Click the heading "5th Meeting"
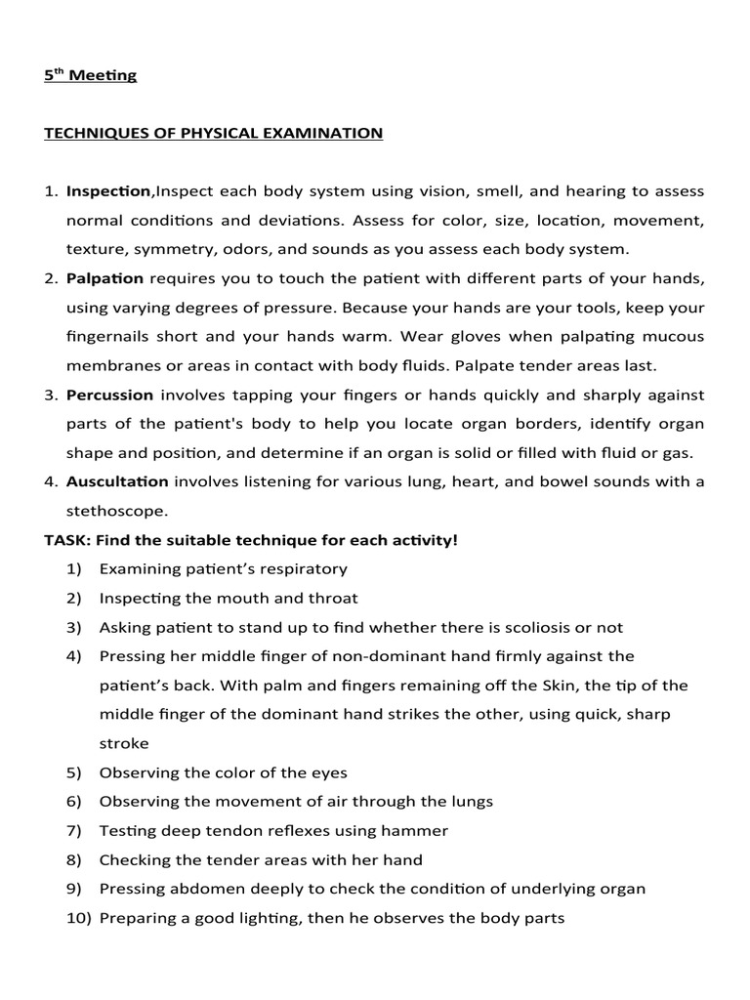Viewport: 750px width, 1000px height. point(90,75)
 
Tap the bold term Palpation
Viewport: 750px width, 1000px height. point(104,278)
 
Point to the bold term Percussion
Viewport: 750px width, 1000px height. point(109,395)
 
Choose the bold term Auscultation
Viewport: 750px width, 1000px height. point(117,481)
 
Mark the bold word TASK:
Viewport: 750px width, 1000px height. point(66,539)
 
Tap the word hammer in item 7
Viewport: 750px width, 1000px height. point(416,830)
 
